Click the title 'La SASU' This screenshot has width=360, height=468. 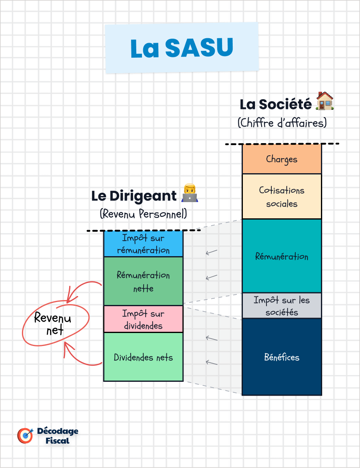[182, 48]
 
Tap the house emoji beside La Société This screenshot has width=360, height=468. [325, 101]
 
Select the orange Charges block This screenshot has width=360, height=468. [281, 159]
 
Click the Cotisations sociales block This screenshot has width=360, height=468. [281, 197]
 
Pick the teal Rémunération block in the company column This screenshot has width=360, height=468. [281, 256]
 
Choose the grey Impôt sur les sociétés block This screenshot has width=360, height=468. [281, 306]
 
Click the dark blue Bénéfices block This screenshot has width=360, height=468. [281, 357]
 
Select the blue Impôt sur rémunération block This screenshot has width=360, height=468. [143, 244]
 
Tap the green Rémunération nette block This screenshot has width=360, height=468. [143, 281]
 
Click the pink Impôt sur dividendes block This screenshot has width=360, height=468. [143, 320]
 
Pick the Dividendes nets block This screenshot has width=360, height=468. [143, 357]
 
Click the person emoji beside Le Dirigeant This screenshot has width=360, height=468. [189, 194]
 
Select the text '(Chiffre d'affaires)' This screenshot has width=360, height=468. [282, 123]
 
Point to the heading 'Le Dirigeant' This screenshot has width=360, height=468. [134, 196]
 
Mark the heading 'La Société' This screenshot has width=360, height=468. [275, 104]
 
